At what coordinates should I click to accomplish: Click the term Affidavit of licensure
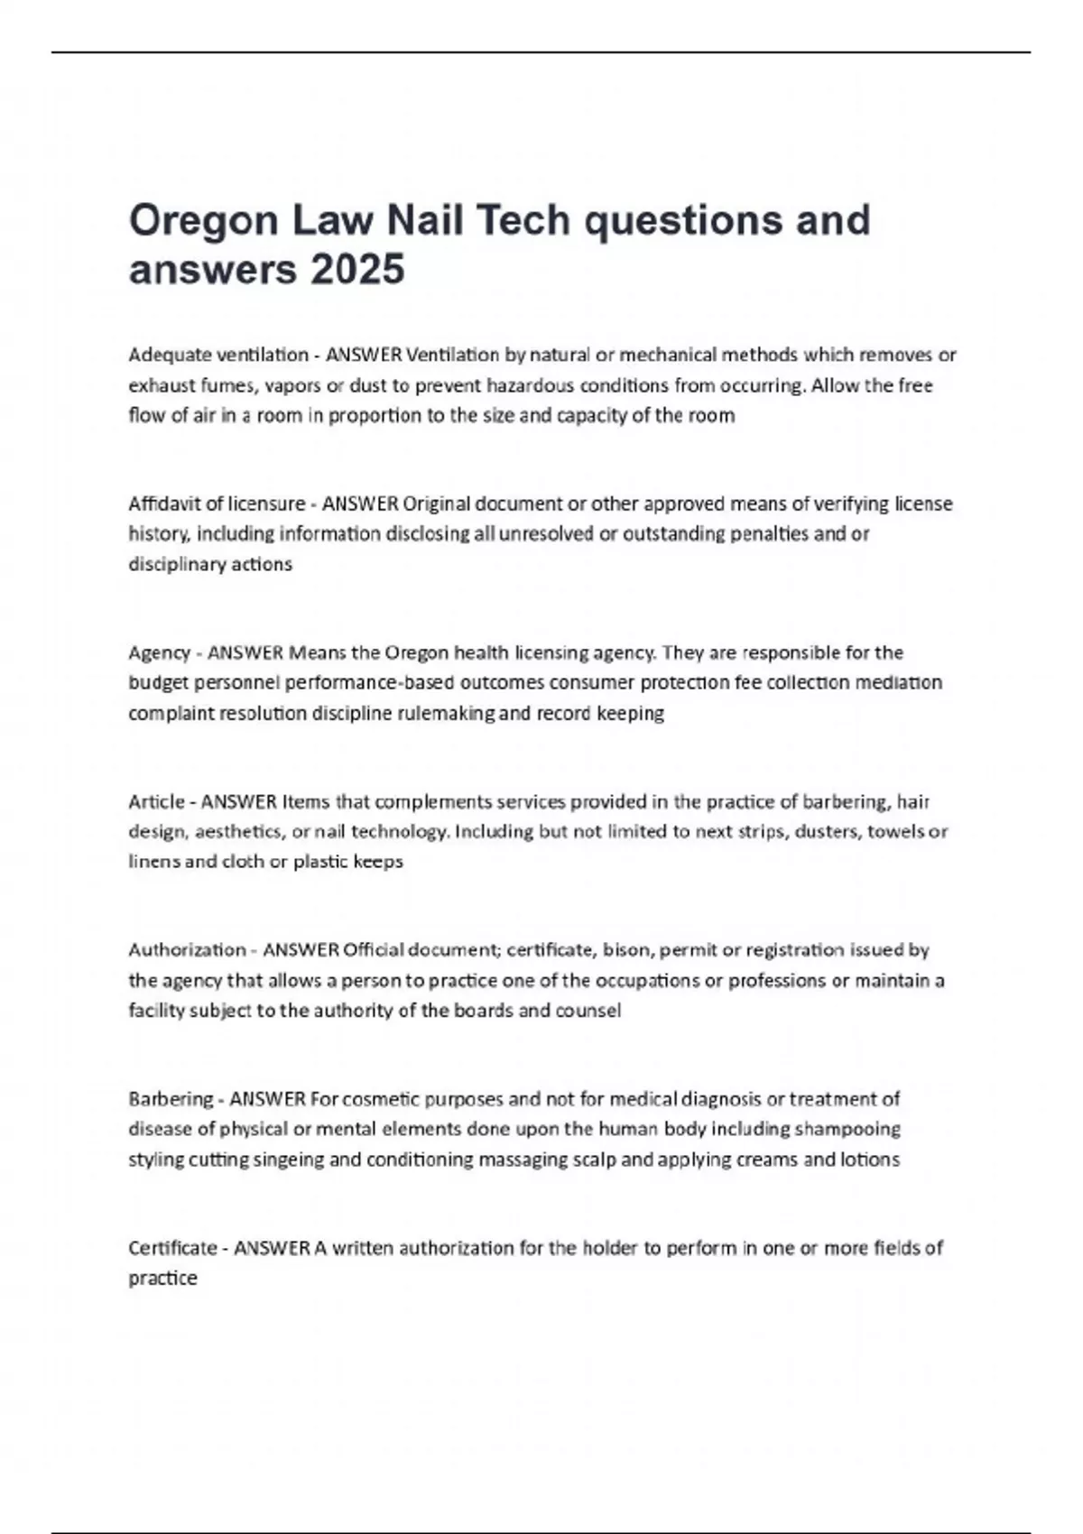coord(217,504)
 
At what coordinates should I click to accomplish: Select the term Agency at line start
coord(159,652)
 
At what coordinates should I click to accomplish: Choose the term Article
coord(156,801)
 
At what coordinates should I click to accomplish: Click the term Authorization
coord(187,949)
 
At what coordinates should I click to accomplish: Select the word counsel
coord(588,1010)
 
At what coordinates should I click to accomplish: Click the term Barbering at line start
coord(171,1099)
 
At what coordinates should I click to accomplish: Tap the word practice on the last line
coord(162,1278)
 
